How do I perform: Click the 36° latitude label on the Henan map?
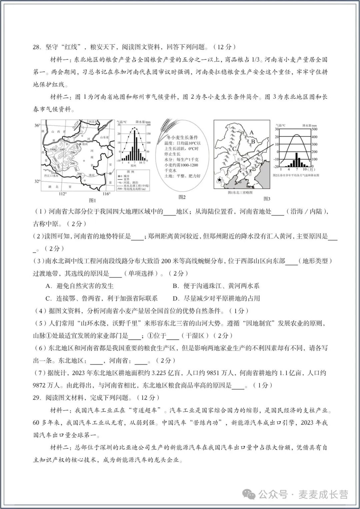(37, 125)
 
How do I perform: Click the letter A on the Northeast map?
(252, 132)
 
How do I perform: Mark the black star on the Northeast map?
(219, 180)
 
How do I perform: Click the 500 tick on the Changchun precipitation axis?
(314, 129)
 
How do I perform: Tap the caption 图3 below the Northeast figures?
(267, 198)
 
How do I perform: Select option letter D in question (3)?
(176, 298)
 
